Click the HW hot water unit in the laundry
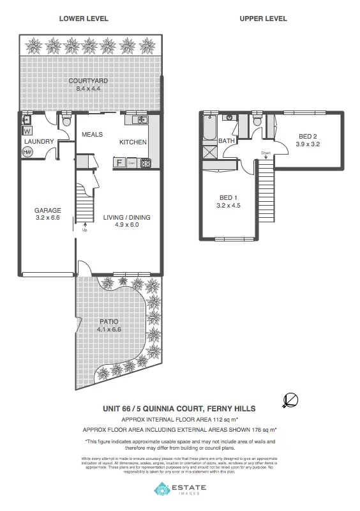click(x=27, y=152)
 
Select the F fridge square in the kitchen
click(x=119, y=163)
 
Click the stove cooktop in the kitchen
click(x=145, y=163)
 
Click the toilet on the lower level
click(x=67, y=121)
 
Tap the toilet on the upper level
click(x=257, y=120)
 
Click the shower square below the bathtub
click(x=208, y=153)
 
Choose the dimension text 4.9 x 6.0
click(x=126, y=225)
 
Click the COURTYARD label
click(x=88, y=81)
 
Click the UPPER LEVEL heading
click(x=263, y=19)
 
